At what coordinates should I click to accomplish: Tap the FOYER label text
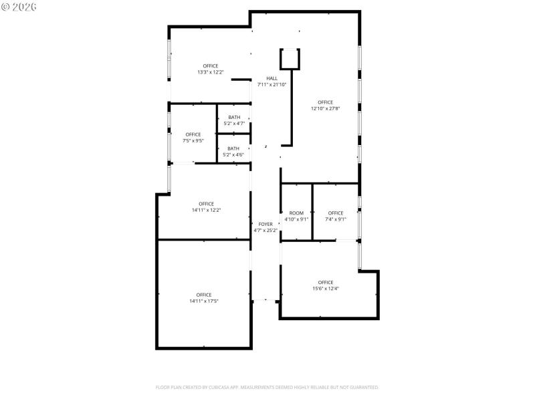point(265,225)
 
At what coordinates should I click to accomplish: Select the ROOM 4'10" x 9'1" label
point(296,213)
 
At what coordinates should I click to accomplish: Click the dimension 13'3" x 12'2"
point(210,72)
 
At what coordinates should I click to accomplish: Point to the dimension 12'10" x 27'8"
point(325,108)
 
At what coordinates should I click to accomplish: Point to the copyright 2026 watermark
point(19,7)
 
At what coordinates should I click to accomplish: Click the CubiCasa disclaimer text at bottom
point(267,387)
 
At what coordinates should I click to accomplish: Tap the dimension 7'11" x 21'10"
point(272,84)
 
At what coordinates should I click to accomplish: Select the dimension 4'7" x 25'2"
point(265,231)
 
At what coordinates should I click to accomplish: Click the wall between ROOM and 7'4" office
point(313,211)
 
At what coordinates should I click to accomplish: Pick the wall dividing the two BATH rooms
point(233,134)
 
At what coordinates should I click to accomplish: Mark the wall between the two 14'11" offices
point(203,239)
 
